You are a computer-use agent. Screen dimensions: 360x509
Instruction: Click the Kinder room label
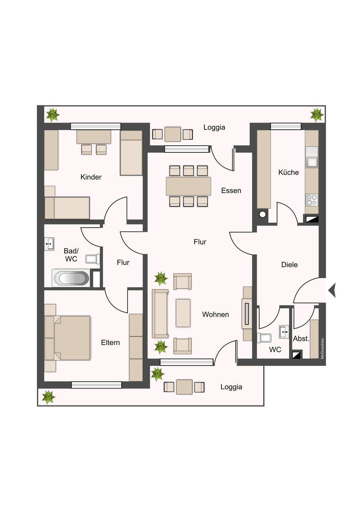tap(91, 177)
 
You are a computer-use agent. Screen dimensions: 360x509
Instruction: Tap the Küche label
tap(289, 172)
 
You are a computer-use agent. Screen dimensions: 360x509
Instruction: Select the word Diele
tap(289, 264)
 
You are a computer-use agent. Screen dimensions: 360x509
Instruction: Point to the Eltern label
tap(110, 343)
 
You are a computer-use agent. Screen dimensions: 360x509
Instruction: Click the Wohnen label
tap(215, 314)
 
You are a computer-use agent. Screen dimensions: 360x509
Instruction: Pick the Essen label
tap(231, 191)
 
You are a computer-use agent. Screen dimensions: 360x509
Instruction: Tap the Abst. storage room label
tap(301, 339)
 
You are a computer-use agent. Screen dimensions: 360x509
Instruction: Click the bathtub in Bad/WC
tap(71, 278)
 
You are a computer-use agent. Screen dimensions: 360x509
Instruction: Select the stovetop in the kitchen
tap(312, 200)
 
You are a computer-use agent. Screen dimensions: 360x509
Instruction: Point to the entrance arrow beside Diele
tap(332, 291)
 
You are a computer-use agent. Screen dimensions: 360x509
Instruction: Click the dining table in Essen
tap(188, 186)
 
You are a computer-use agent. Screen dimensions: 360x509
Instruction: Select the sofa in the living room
tap(160, 314)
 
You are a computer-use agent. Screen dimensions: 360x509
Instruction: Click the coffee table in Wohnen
tap(183, 313)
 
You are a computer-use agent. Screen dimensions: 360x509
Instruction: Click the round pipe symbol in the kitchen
tap(262, 214)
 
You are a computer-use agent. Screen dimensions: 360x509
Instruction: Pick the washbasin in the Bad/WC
tap(49, 244)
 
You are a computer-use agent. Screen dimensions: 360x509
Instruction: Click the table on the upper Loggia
tap(173, 134)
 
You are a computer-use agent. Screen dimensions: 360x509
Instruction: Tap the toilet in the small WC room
tap(264, 338)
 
